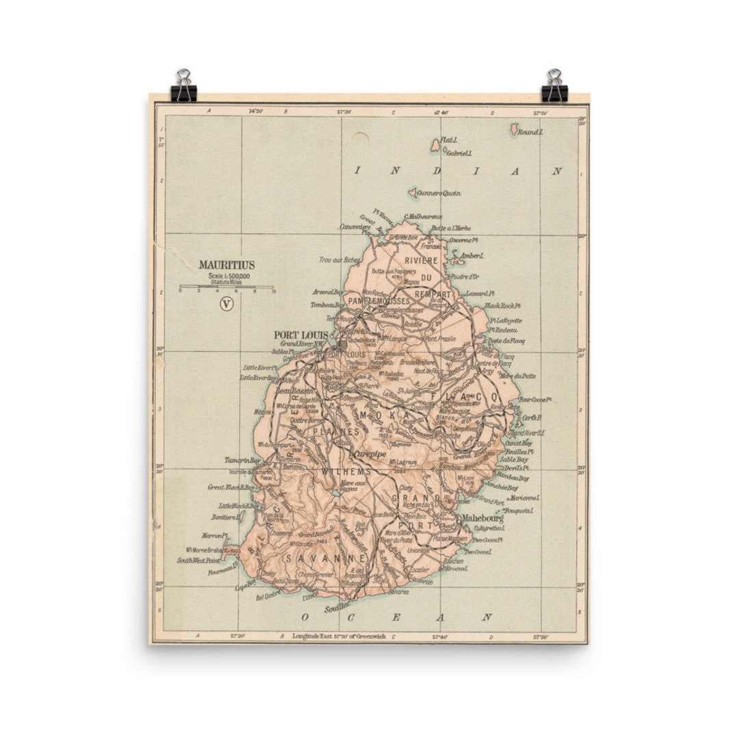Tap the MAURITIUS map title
tap(226, 264)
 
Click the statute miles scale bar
tap(226, 287)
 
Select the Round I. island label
tap(530, 131)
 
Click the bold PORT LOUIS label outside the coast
tap(301, 335)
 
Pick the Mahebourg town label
tap(483, 518)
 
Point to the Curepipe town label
tap(369, 454)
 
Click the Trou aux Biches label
tap(339, 260)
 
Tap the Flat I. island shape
tap(435, 146)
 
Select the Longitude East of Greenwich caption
tap(339, 636)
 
